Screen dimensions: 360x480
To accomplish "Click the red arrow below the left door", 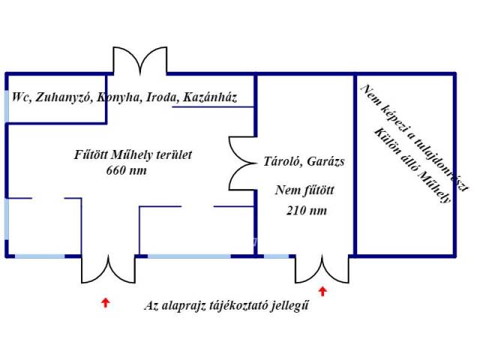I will [x=106, y=302].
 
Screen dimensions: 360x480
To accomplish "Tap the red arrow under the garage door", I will [x=322, y=292].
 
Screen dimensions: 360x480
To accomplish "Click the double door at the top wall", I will [x=139, y=61].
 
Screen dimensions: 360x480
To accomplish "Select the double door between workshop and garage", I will [x=241, y=163].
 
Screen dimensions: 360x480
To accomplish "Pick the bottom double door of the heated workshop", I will [x=109, y=268].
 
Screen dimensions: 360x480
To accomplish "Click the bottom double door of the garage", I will [x=322, y=268].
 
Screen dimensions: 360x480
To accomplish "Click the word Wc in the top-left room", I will [x=19, y=98].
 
